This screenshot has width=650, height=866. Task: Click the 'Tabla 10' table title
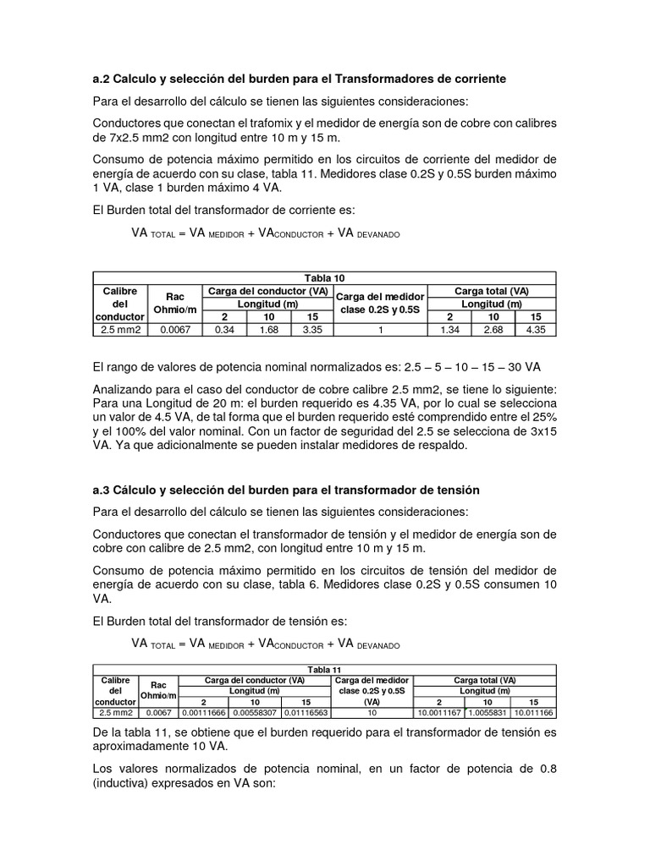coord(323,278)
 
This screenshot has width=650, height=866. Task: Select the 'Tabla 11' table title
coord(323,669)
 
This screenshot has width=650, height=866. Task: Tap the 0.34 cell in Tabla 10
coord(224,329)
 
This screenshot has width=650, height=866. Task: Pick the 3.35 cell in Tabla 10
coord(312,329)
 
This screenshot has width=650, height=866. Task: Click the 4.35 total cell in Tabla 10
coord(535,329)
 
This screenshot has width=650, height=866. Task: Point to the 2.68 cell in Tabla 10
coord(493,329)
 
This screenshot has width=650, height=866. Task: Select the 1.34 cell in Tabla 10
coord(450,329)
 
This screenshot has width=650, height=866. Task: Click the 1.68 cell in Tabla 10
coord(268,329)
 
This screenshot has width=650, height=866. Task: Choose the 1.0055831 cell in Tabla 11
coord(487,713)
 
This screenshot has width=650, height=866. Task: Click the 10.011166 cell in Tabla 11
coord(533,713)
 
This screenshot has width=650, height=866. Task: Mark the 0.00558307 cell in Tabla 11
coord(255,713)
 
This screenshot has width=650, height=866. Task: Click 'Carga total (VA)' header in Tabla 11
coord(484,680)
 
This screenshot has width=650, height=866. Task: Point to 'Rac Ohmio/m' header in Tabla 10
coord(175,303)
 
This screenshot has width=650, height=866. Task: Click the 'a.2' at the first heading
coord(102,79)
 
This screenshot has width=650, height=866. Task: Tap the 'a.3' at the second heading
coord(102,491)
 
